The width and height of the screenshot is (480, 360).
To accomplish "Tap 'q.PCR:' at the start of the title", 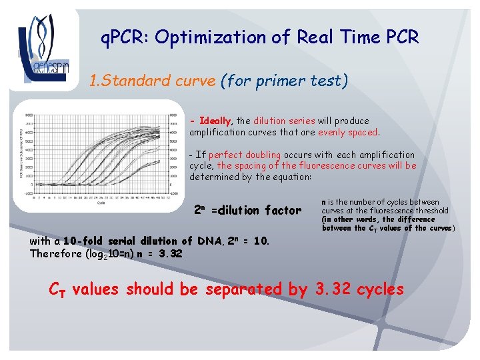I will pos(125,37).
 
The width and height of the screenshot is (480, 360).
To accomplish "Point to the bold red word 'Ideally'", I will pos(214,121).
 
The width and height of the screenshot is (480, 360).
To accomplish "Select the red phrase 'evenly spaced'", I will pos(348,132).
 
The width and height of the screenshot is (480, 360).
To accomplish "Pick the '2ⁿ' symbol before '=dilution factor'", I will pos(199,209).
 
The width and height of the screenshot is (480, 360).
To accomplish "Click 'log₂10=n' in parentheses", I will pos(113,254).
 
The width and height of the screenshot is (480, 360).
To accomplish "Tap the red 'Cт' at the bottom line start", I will pos(58,290).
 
